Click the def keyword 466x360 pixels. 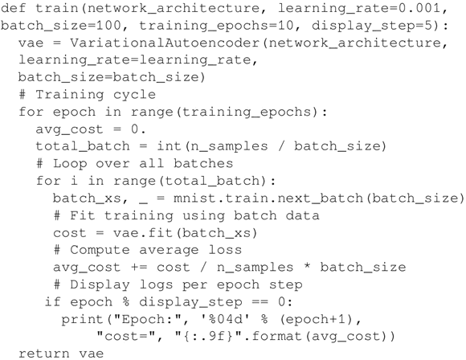pyautogui.click(x=14, y=8)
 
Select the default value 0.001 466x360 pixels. pyautogui.click(x=419, y=8)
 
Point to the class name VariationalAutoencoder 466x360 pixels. pyautogui.click(x=165, y=43)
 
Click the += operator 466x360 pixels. pyautogui.click(x=139, y=268)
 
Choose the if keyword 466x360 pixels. pyautogui.click(x=53, y=301)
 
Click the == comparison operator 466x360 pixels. pyautogui.click(x=260, y=302)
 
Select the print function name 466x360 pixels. pyautogui.click(x=82, y=320)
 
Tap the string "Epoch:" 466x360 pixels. pyautogui.click(x=148, y=319)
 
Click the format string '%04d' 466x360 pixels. pyautogui.click(x=226, y=319)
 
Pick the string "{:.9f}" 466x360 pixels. pyautogui.click(x=212, y=336)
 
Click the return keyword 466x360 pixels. pyautogui.click(x=44, y=354)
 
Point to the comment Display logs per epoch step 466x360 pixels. pyautogui.click(x=178, y=285)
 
